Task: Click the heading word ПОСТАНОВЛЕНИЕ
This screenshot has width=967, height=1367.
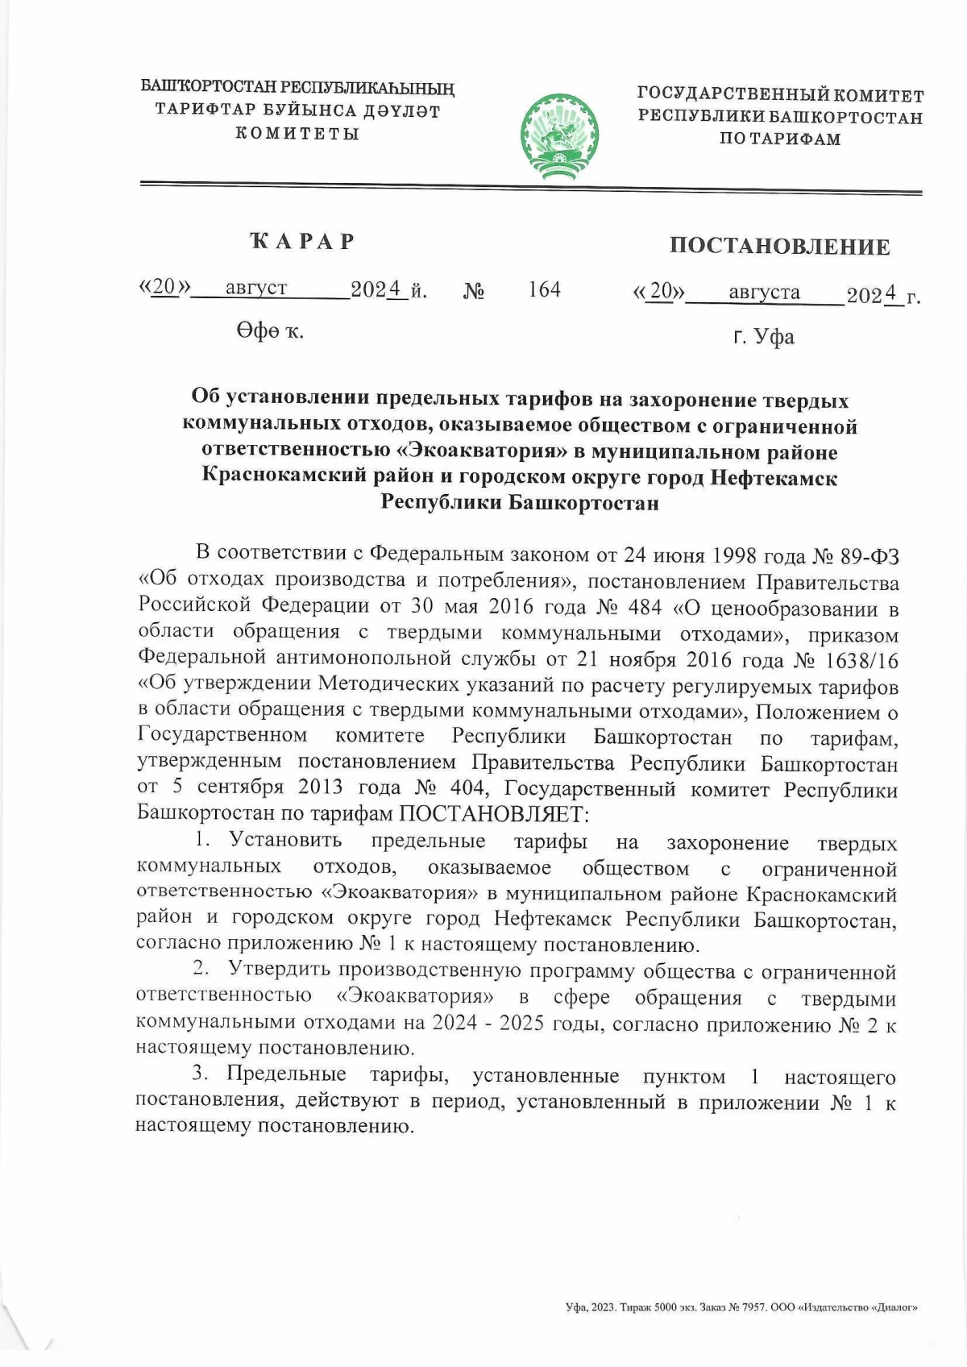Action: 779,246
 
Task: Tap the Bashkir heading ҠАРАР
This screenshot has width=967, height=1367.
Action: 302,241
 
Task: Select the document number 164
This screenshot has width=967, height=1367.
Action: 545,289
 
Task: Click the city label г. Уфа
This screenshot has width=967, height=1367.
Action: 763,336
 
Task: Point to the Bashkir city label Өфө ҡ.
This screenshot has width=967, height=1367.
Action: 270,330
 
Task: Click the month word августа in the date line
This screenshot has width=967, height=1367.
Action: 764,292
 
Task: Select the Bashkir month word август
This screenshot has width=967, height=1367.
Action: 256,288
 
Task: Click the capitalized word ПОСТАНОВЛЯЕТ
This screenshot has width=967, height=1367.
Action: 489,812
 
